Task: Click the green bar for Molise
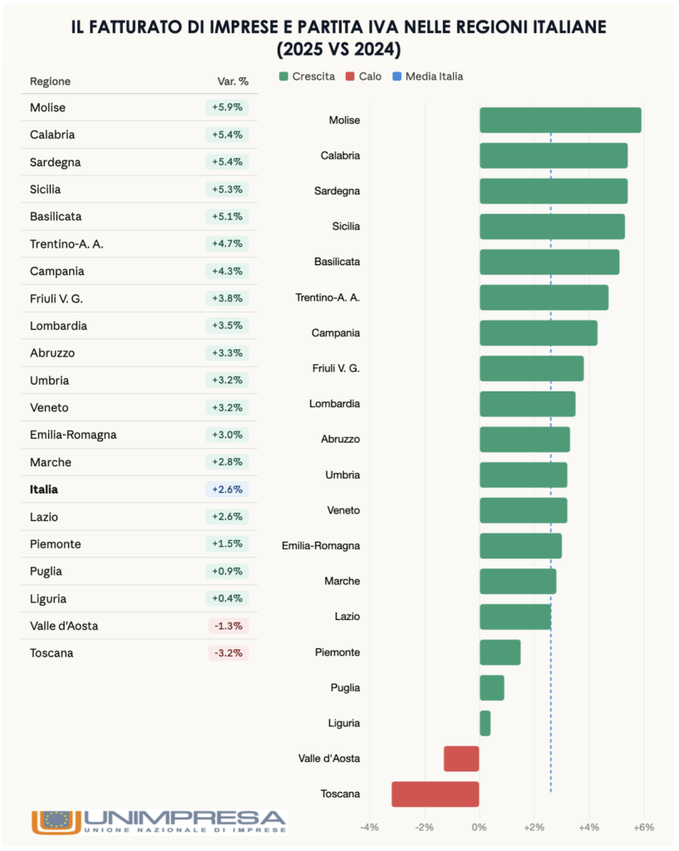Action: (560, 121)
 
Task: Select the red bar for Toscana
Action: (435, 794)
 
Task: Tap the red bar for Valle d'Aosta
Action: (461, 759)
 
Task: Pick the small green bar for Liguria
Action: (485, 723)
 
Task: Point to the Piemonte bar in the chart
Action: (500, 652)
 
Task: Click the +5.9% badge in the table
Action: (227, 107)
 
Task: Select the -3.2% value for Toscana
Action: (228, 653)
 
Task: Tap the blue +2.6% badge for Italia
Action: (227, 489)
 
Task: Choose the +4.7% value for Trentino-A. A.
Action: (227, 244)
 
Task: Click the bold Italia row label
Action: (44, 489)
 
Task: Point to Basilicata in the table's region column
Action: (56, 217)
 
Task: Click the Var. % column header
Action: (233, 81)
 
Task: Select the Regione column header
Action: (50, 81)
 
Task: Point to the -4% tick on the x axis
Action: (369, 827)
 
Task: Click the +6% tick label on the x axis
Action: (643, 827)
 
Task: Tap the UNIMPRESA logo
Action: (158, 821)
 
